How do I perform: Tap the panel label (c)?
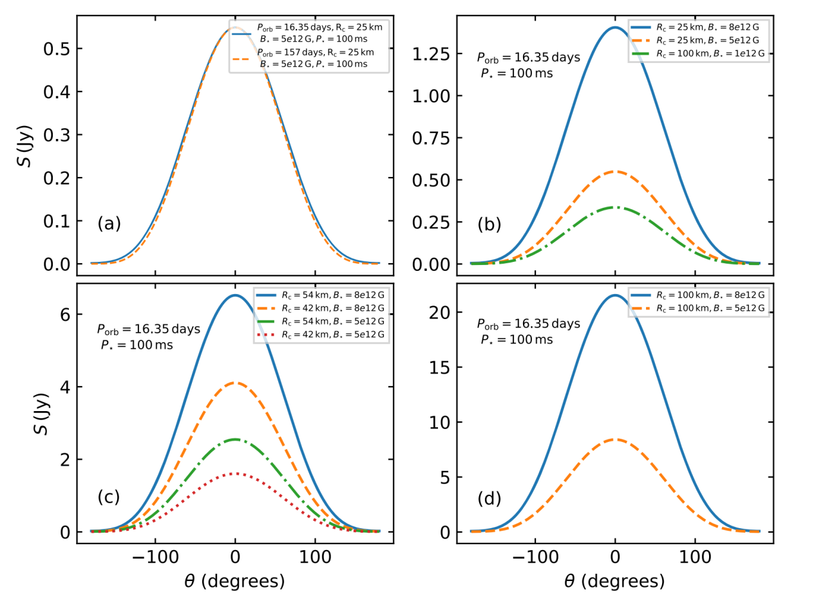[x=109, y=497]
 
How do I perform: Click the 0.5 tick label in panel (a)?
[x=53, y=49]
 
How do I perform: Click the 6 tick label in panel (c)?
[x=62, y=314]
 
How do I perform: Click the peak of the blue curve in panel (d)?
[x=615, y=295]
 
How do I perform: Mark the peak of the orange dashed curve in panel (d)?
[x=615, y=439]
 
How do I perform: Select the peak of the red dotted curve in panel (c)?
[x=236, y=473]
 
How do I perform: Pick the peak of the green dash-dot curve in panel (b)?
[x=615, y=207]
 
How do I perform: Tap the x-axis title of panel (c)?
[x=234, y=582]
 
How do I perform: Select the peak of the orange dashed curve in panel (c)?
[x=236, y=383]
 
